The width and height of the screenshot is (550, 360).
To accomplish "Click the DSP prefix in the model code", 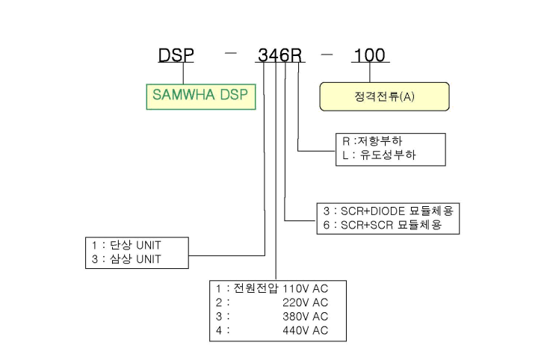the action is click(176, 55).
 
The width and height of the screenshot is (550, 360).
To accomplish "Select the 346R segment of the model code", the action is click(280, 55).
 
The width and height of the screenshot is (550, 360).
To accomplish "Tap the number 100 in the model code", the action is click(370, 55).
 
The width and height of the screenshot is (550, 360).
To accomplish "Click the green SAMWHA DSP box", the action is click(201, 97).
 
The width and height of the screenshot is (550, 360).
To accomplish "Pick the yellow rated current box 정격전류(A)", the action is click(384, 97).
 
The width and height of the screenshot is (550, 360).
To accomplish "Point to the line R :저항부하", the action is click(372, 141).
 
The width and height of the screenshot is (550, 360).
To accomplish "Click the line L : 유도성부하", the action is click(379, 155).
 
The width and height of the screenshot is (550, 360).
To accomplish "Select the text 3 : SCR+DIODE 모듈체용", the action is click(389, 211).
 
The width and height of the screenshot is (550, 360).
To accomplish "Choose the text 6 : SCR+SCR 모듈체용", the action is click(383, 225).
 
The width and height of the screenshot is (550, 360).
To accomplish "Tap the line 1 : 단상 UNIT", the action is click(126, 245).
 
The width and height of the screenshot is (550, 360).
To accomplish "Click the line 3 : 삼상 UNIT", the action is click(126, 259).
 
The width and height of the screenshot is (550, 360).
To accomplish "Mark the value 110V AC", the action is click(305, 289).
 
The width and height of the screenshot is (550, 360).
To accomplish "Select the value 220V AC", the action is click(305, 302).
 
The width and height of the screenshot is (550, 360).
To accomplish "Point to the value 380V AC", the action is click(305, 317).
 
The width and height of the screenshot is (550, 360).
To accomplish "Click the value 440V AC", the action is click(305, 330).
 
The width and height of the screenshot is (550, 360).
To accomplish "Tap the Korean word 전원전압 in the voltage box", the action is click(256, 288).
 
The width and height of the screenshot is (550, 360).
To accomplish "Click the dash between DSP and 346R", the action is click(230, 54).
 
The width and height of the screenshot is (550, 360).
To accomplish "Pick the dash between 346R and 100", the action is click(327, 55).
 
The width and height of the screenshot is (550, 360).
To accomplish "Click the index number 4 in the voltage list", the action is click(219, 330).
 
